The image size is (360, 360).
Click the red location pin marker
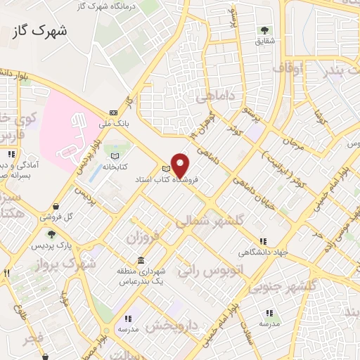[181, 166]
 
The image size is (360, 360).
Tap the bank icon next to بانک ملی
[113, 112]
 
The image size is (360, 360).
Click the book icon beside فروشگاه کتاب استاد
[166, 169]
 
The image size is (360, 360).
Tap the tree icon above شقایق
[264, 30]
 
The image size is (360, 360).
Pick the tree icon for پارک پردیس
[51, 233]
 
